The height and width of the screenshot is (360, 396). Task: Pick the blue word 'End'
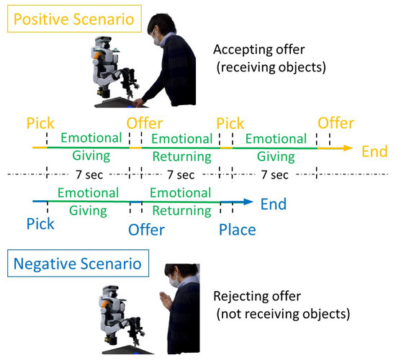tap(273, 204)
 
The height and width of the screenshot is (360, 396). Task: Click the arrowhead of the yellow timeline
tap(347, 148)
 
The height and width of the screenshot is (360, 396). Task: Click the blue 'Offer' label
tap(146, 230)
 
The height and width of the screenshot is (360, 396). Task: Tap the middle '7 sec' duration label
tap(181, 175)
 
